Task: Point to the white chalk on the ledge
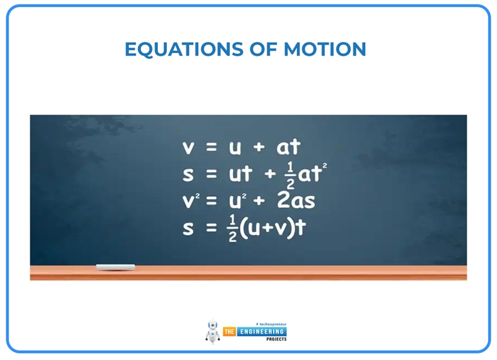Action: point(115,267)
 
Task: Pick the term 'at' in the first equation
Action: point(289,148)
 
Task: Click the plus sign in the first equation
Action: point(259,148)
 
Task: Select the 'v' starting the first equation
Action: point(188,148)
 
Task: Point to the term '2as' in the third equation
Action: point(296,201)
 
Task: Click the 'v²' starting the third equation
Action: point(190,200)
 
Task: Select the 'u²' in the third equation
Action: point(237,200)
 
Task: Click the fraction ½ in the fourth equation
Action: point(232,229)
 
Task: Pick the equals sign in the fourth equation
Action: point(208,228)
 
